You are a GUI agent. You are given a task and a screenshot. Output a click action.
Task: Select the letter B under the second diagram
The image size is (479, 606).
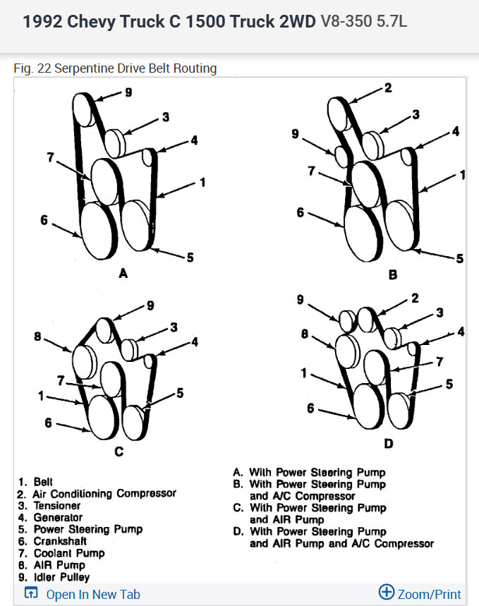[393, 274]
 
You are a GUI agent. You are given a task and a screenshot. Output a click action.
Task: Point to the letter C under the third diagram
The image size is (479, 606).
[119, 451]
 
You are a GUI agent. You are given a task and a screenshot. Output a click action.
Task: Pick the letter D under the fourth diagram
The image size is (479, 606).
[389, 443]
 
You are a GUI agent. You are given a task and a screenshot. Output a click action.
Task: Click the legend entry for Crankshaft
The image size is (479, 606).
[60, 541]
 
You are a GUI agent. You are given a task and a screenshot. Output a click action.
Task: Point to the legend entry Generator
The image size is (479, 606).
[58, 517]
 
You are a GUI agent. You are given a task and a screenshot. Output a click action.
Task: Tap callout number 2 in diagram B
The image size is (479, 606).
[388, 88]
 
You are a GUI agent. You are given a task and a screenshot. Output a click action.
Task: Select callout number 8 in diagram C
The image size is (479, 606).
[37, 337]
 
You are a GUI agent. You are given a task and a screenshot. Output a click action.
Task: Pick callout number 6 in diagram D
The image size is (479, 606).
[310, 408]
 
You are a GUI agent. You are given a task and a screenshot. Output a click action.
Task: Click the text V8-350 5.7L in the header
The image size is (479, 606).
[363, 21]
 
